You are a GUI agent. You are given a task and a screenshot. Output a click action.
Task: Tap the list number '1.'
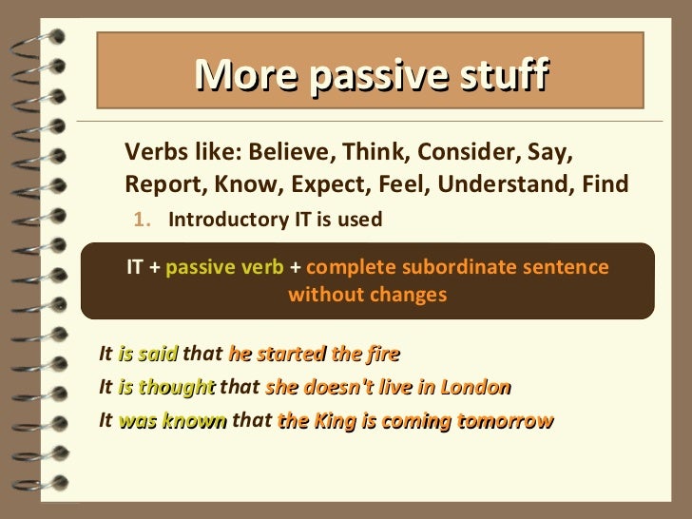142,221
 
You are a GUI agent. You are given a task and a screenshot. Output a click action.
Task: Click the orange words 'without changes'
367,295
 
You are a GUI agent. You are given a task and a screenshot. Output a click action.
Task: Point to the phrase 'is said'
148,355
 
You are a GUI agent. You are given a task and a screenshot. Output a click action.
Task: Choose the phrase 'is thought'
166,388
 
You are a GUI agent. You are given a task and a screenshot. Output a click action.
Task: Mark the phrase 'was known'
173,421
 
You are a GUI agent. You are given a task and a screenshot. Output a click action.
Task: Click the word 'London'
478,388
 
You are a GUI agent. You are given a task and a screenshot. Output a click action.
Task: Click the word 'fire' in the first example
381,355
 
